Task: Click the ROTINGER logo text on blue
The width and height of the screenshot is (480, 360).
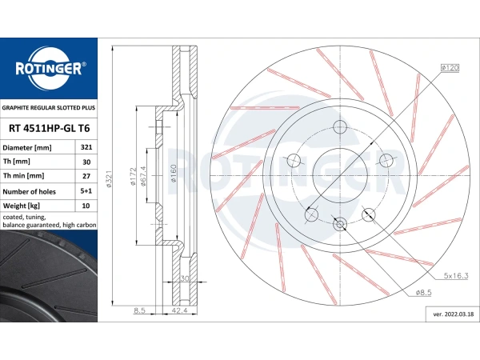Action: [x=49, y=69]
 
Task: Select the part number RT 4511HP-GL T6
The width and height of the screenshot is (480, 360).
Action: [x=50, y=129]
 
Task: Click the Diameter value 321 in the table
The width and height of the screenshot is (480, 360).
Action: [x=86, y=147]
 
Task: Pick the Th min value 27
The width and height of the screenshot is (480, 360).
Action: [x=86, y=176]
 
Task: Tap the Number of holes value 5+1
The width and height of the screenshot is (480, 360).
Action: [x=86, y=191]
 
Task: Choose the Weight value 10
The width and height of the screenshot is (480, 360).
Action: [x=86, y=206]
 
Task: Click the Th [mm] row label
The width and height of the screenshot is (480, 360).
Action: [x=17, y=162]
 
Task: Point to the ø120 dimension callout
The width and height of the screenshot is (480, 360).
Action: [x=450, y=68]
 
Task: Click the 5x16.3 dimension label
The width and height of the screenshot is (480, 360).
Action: [x=456, y=276]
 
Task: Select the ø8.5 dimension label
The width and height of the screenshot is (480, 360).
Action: [x=423, y=293]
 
